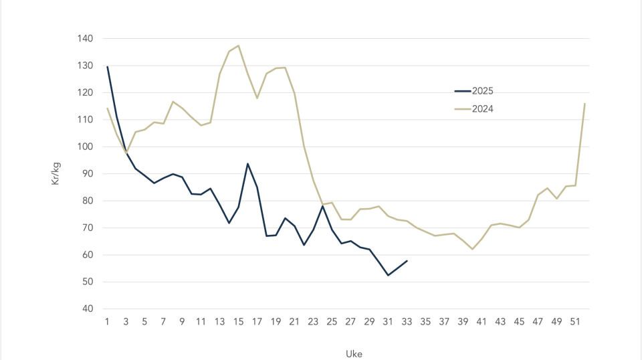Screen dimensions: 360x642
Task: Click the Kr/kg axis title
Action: click(x=56, y=173)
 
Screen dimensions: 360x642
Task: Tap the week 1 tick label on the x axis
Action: click(x=107, y=322)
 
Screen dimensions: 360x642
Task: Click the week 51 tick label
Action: click(x=575, y=322)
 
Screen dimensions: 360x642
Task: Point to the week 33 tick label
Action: click(x=407, y=322)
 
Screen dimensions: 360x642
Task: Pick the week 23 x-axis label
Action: click(x=313, y=322)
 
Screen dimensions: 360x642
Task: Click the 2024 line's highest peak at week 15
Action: click(x=239, y=46)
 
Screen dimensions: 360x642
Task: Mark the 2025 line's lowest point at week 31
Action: click(x=388, y=275)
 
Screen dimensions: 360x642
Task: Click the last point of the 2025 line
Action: click(x=407, y=260)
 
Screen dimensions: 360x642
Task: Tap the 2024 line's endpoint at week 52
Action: click(x=584, y=104)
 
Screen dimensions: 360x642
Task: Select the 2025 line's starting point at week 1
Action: click(x=107, y=66)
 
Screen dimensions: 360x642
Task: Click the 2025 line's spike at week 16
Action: click(x=248, y=163)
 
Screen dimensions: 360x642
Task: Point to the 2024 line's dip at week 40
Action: click(x=472, y=249)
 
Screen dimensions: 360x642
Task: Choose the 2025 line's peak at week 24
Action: click(x=322, y=205)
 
